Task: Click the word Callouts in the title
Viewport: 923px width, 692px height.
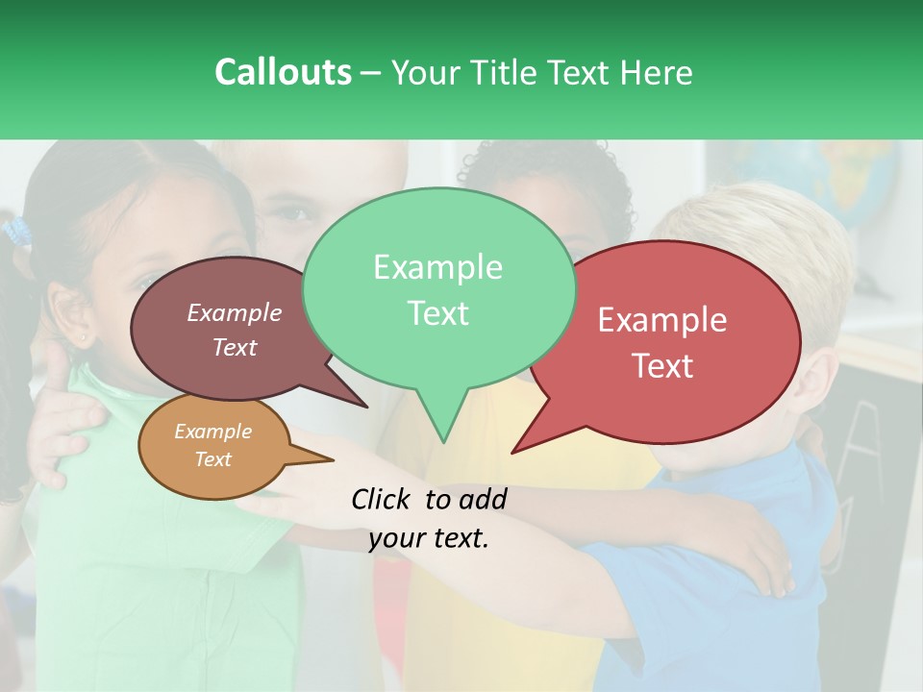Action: coord(283,72)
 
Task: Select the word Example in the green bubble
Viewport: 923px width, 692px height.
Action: coord(437,267)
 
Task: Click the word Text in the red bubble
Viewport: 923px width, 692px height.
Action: coord(662,366)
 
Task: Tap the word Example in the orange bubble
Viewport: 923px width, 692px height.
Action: coord(212,432)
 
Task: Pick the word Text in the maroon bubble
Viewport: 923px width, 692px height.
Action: coord(235,348)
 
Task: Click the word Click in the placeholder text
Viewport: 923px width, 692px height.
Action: coord(384,499)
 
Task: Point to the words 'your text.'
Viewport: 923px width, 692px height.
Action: coord(429,538)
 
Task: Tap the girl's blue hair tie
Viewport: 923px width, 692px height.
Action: coord(16,231)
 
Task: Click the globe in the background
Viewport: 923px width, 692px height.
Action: coord(846,183)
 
